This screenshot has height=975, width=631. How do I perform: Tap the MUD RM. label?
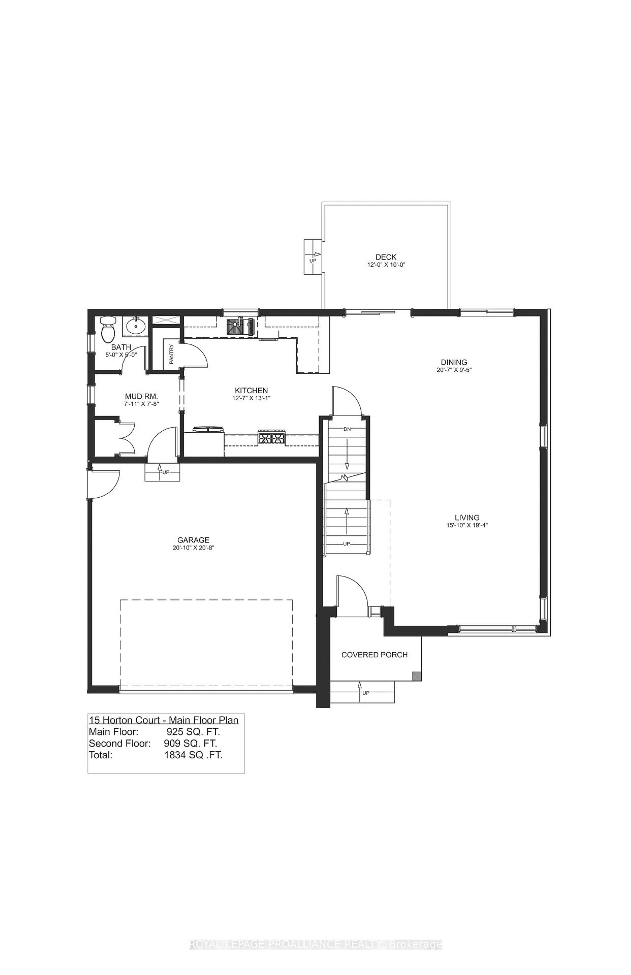(x=141, y=396)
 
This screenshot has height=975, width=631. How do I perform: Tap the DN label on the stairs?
(x=347, y=429)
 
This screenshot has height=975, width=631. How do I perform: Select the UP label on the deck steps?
(x=313, y=261)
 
